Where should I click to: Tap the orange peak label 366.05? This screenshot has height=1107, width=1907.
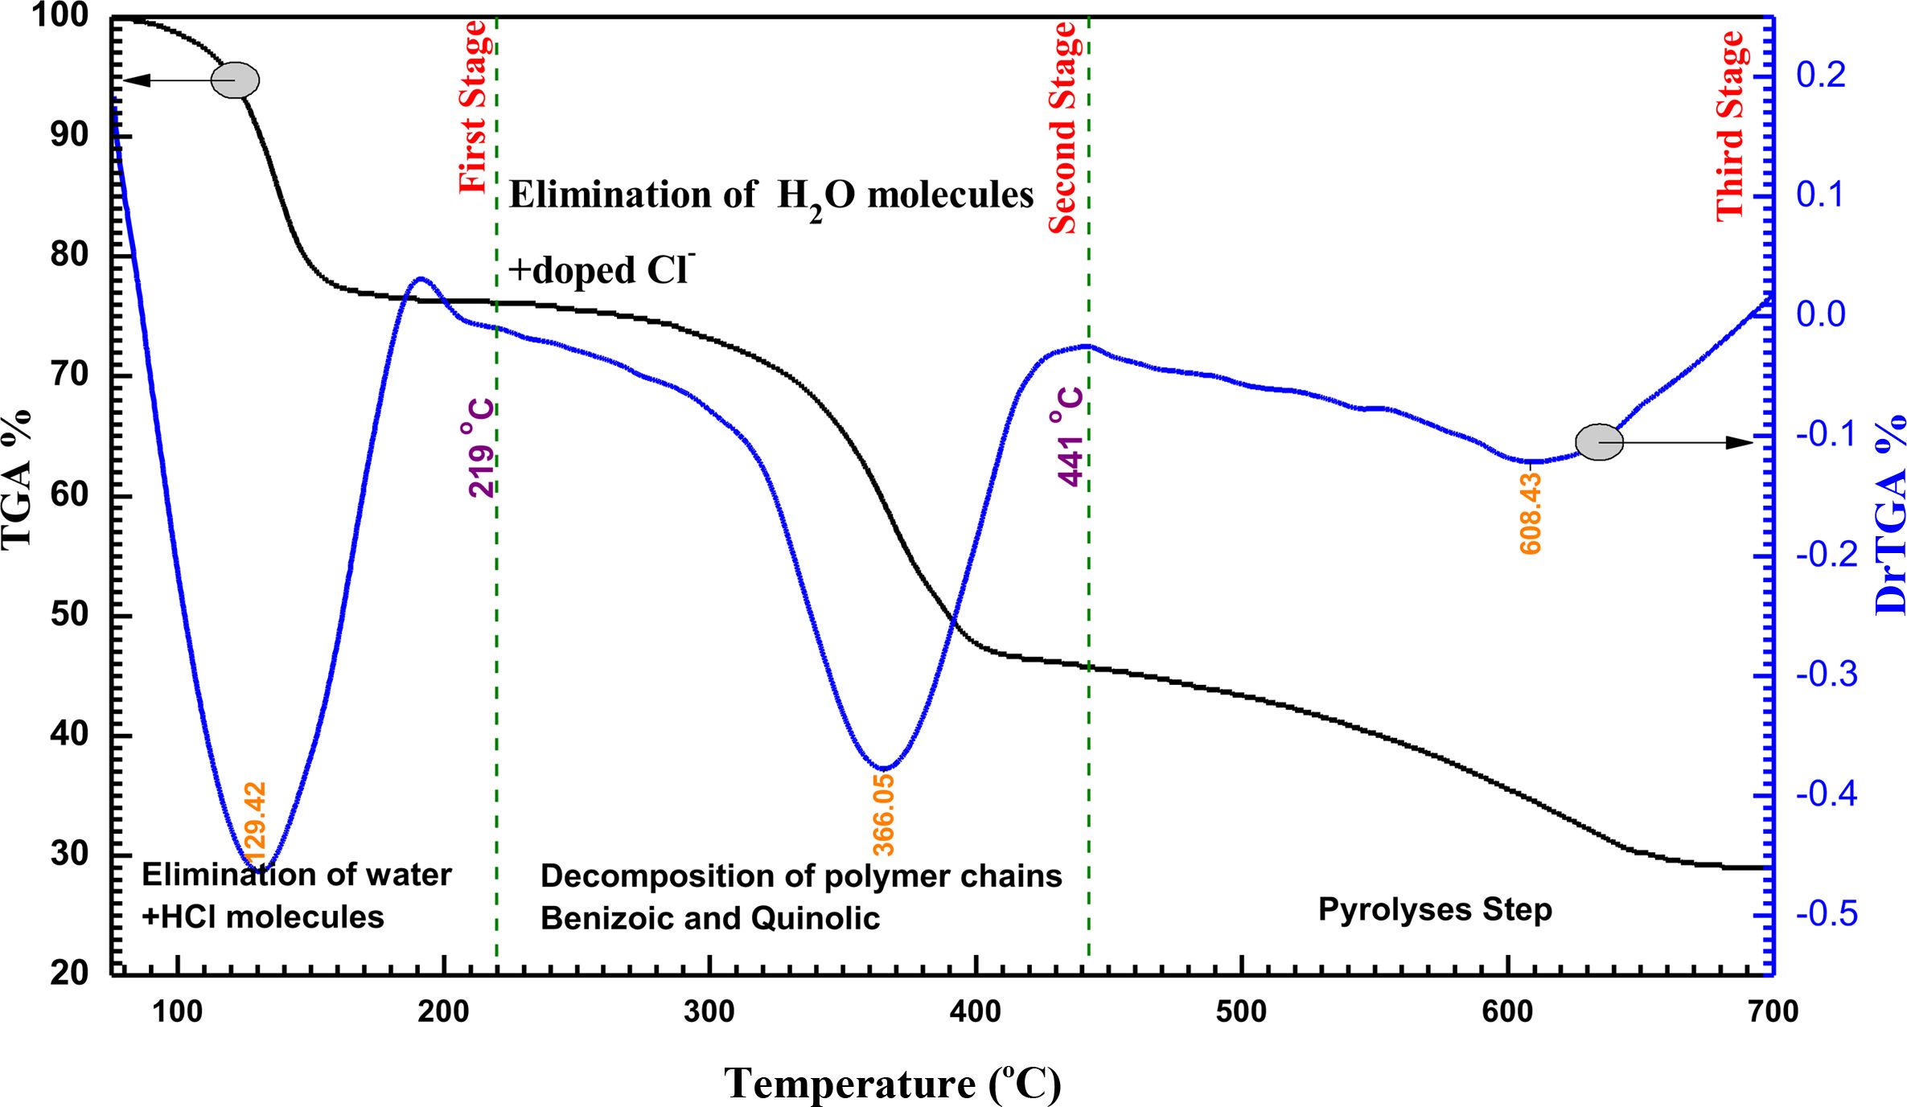(883, 814)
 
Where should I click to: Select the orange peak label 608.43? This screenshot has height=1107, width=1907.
(1531, 514)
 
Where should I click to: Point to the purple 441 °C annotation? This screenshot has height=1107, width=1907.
(1070, 437)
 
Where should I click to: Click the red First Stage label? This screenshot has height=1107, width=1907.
(473, 107)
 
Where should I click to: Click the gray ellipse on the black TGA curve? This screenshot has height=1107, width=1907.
(235, 80)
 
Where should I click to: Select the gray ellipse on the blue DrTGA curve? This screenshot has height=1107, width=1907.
(1599, 442)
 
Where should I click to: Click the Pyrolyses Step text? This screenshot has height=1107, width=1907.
(1435, 910)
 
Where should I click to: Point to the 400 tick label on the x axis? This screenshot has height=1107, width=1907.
(976, 1011)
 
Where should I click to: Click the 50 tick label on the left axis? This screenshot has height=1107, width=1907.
(69, 615)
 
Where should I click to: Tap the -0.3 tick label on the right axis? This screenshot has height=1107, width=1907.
(1826, 674)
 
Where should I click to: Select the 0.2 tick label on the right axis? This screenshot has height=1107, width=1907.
(1821, 76)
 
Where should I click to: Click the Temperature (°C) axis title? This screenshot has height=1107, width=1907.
(892, 1083)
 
